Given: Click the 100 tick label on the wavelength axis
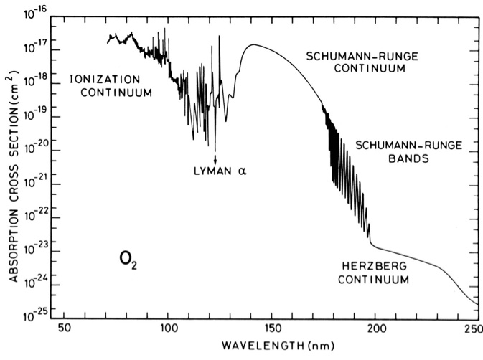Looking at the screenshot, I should (168, 327).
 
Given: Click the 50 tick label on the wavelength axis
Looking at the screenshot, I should (64, 327).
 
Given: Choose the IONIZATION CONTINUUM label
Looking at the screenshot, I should (111, 85).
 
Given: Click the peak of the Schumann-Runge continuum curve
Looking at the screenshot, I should (253, 44).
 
